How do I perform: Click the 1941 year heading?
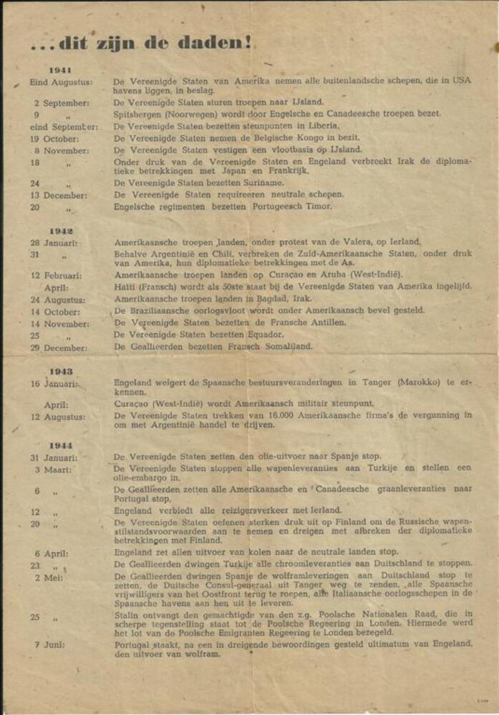pyautogui.click(x=60, y=69)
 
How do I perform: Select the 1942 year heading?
pyautogui.click(x=60, y=231)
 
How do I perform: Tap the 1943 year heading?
pyautogui.click(x=60, y=371)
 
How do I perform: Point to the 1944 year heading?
pyautogui.click(x=60, y=445)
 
